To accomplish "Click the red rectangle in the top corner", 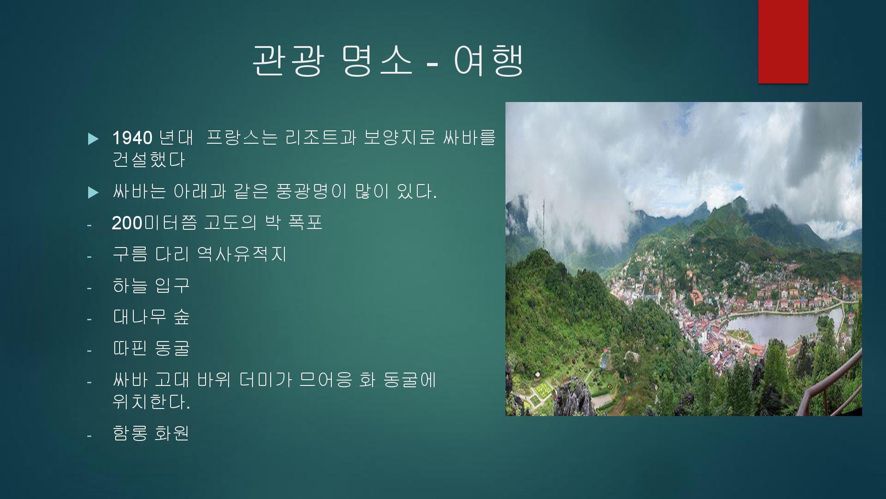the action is (x=783, y=41).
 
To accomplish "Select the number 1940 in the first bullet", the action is (x=132, y=138).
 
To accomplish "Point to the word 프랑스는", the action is (x=242, y=138).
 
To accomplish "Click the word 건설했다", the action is (x=148, y=160).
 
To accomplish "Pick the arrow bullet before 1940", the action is (x=93, y=139).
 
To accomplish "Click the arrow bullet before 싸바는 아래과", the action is (x=93, y=193).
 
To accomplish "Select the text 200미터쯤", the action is (x=154, y=223).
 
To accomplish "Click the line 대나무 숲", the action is (x=151, y=317).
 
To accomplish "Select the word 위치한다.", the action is (x=151, y=401).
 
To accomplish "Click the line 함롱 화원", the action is (x=151, y=433).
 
